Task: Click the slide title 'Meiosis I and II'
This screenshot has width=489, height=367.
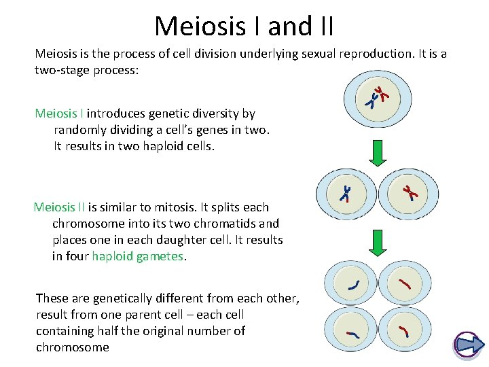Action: tap(244, 26)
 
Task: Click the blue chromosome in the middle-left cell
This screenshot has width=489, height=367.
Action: tap(346, 194)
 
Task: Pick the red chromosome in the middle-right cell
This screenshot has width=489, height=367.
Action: tap(409, 193)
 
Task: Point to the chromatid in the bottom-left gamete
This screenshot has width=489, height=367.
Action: tap(352, 334)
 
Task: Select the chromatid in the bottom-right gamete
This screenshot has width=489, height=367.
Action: tap(403, 332)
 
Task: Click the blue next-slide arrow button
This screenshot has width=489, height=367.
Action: tap(468, 345)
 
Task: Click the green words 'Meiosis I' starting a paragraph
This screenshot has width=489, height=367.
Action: tap(59, 113)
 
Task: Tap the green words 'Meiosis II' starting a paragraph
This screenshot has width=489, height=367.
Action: tap(60, 207)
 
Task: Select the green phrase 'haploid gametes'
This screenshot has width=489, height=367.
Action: tap(138, 256)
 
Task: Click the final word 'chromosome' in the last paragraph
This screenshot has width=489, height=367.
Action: tap(73, 347)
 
